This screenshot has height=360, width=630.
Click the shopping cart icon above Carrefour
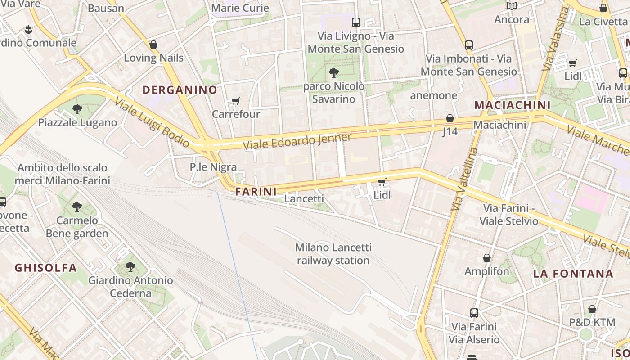click(x=235, y=101)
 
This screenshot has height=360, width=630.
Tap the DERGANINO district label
click(x=180, y=90)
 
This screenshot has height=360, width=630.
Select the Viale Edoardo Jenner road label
click(x=297, y=141)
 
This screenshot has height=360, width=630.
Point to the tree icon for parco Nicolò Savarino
click(x=334, y=72)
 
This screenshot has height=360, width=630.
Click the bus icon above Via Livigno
click(x=356, y=22)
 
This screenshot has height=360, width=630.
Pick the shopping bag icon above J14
click(x=450, y=118)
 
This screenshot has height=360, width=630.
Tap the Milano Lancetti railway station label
click(x=333, y=254)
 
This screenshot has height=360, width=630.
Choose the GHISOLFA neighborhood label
click(x=46, y=268)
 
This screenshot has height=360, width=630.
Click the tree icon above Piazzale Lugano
click(x=77, y=109)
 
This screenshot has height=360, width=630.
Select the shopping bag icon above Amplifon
click(x=486, y=258)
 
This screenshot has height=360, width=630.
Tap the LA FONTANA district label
click(x=573, y=274)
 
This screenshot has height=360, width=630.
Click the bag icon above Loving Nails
click(x=153, y=45)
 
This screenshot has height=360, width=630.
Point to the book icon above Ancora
click(x=511, y=6)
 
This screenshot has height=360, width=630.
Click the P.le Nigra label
click(x=213, y=167)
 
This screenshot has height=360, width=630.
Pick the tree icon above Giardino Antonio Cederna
click(x=130, y=267)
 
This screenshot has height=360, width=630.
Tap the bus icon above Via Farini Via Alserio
click(x=474, y=313)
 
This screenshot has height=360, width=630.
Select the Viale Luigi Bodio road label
click(x=152, y=122)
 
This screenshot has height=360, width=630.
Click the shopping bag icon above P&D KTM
click(x=592, y=309)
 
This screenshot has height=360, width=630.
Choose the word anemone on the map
click(x=433, y=95)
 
